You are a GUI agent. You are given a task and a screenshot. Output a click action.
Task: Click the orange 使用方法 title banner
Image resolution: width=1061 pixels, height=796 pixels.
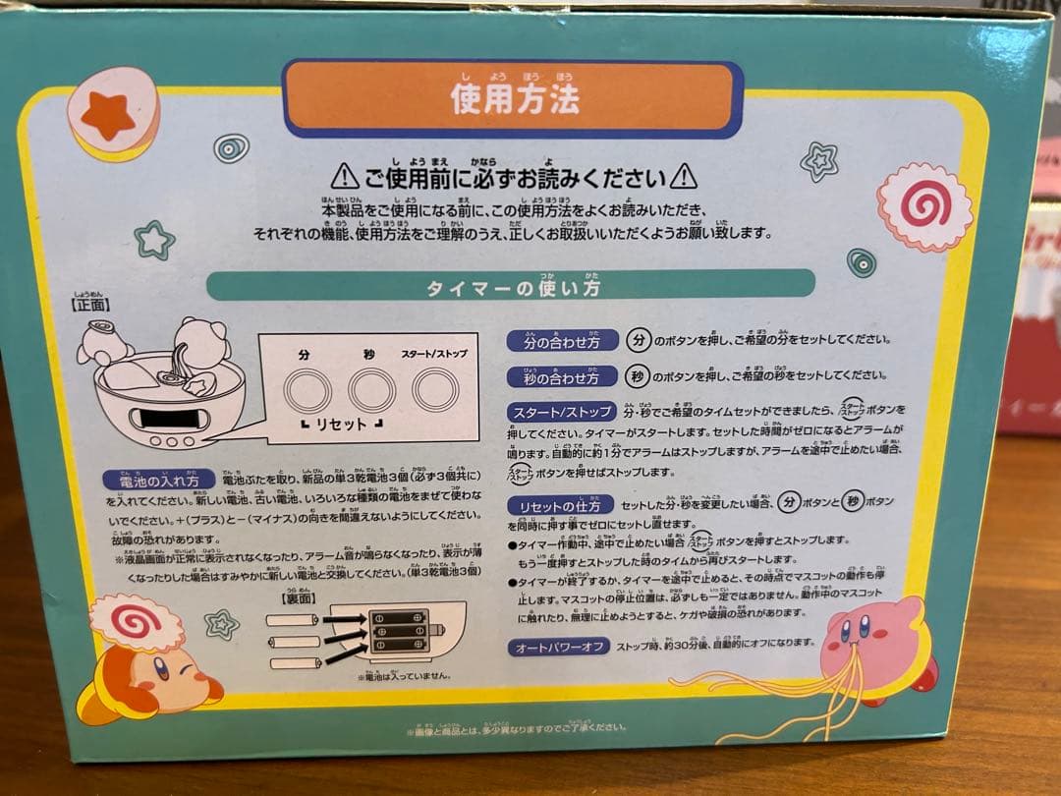click(x=513, y=98)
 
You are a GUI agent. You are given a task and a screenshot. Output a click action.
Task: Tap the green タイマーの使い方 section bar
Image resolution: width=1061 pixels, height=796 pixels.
click(x=511, y=286)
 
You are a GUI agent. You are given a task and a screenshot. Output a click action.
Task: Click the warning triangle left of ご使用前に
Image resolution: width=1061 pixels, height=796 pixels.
click(x=344, y=177)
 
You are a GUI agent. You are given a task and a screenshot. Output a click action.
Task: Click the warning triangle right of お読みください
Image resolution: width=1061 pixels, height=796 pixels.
click(x=685, y=177)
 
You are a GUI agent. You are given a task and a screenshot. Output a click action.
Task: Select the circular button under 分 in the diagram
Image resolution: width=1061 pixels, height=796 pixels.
click(x=305, y=390)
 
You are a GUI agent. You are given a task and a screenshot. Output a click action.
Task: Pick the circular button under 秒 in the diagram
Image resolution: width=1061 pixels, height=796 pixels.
click(x=372, y=390)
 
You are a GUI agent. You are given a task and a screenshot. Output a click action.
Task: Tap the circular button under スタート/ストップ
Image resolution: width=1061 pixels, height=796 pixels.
click(x=435, y=389)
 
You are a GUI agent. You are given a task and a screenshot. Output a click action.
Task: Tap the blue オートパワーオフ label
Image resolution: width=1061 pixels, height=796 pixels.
click(x=558, y=648)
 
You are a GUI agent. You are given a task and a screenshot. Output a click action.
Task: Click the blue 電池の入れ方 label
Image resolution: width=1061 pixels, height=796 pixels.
click(x=159, y=481)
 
